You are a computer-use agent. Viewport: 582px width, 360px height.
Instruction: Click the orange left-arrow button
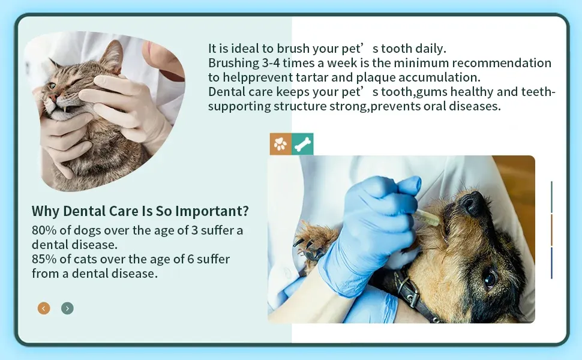tap(44, 308)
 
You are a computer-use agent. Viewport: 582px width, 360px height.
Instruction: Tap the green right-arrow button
tap(67, 308)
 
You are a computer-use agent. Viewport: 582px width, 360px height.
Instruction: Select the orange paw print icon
tap(280, 144)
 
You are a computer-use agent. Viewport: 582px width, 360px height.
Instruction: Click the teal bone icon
tap(302, 144)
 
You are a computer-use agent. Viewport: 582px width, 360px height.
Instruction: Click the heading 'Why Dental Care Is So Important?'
tap(140, 211)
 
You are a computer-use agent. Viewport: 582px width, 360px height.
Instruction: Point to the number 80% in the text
tap(43, 230)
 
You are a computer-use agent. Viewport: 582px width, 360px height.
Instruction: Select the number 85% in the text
tap(43, 259)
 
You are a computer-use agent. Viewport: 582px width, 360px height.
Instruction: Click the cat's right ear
tap(112, 55)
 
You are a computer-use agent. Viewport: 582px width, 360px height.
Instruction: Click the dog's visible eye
tap(490, 278)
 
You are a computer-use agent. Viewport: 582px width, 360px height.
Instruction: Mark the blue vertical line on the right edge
tap(551, 263)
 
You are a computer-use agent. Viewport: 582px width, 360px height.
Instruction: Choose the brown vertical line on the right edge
tap(551, 230)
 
